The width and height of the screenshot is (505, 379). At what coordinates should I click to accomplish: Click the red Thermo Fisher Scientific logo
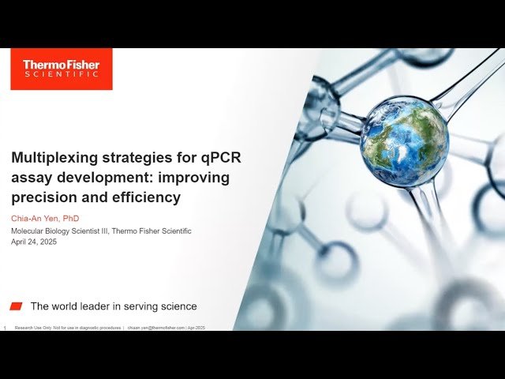click(61, 69)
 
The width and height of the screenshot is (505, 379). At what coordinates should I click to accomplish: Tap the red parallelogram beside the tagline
click(16, 306)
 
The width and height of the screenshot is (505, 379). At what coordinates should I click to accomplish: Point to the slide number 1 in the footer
click(6, 327)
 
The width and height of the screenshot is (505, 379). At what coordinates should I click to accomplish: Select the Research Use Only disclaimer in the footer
click(68, 327)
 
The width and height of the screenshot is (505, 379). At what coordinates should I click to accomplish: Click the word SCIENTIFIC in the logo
click(61, 74)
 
